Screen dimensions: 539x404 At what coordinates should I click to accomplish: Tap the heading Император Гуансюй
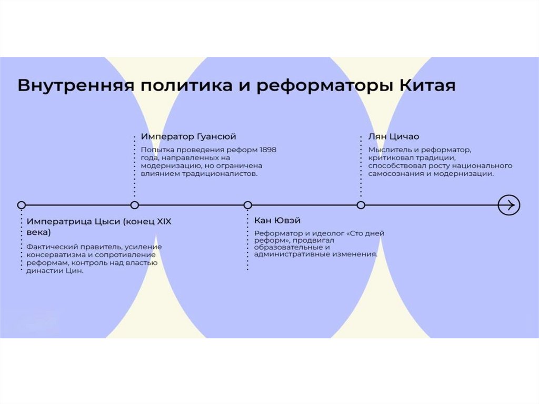pyautogui.click(x=188, y=136)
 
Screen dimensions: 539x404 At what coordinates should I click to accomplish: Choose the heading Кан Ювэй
pyautogui.click(x=277, y=220)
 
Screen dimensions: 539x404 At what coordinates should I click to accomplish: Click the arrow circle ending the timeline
pyautogui.click(x=509, y=204)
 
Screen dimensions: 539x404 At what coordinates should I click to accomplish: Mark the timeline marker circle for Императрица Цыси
pyautogui.click(x=21, y=205)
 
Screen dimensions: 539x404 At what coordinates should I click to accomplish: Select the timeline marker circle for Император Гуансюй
pyautogui.click(x=135, y=205)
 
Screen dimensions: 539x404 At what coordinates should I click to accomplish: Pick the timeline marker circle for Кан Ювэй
pyautogui.click(x=248, y=205)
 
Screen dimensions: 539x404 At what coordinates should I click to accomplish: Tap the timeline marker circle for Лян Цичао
pyautogui.click(x=361, y=205)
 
